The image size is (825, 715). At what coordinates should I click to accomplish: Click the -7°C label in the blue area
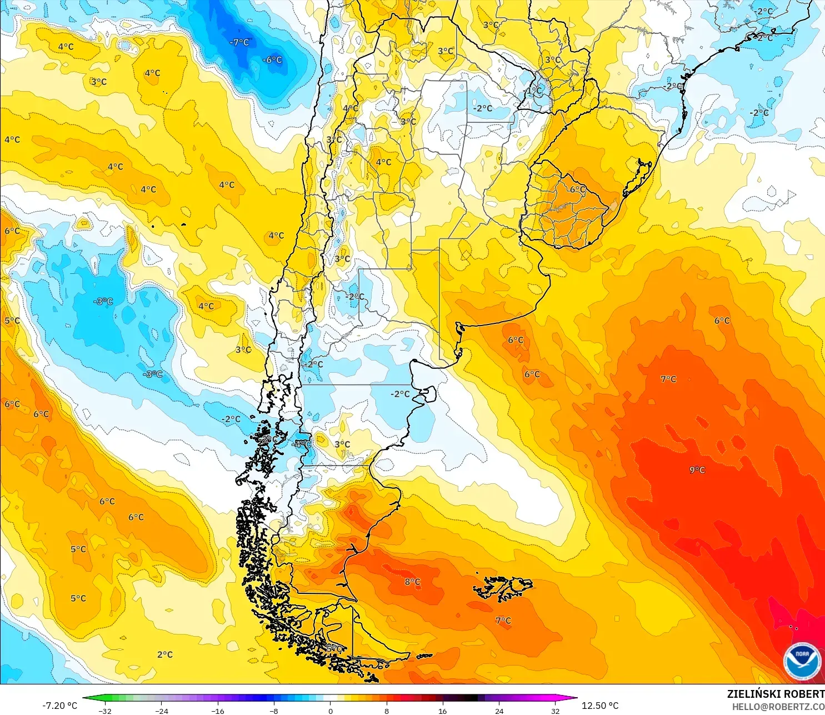coord(240,42)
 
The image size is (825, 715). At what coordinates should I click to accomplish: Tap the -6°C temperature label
coord(273,60)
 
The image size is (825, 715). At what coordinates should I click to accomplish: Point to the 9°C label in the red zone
coord(697,470)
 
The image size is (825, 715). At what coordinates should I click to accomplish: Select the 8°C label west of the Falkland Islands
coord(412,582)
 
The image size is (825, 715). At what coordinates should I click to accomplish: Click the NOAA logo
coord(802,661)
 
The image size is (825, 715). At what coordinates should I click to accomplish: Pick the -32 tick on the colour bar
coord(105,711)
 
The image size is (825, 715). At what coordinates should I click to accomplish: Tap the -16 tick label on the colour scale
coord(218,711)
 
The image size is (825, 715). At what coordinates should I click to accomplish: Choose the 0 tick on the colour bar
coord(331,711)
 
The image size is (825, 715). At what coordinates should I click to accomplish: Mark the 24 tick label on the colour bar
coord(499,711)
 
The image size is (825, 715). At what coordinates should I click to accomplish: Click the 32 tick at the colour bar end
coord(555,711)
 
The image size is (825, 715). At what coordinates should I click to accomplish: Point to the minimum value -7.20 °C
coord(60,706)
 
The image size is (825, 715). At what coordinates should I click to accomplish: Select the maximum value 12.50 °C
coord(600,706)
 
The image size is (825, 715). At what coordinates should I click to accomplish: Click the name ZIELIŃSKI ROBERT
coord(776,694)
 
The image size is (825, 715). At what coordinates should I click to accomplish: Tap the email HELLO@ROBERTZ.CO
coord(778,707)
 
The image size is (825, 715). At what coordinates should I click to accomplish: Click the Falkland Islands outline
coord(503,588)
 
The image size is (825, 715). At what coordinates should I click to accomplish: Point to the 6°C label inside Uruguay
coord(578,189)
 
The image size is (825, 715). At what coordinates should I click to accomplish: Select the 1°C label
coord(534,90)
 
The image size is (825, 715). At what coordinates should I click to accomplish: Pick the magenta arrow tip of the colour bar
coord(574,698)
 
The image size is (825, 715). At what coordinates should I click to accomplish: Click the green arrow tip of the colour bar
coord(86,698)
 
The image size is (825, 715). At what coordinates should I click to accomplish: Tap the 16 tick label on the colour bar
coord(443,711)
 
